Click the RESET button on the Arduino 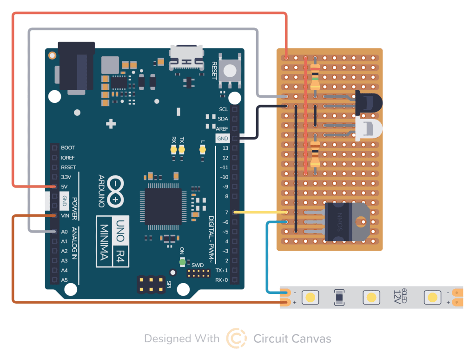point(230,70)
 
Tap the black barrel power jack point(76,67)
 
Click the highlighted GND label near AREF point(223,139)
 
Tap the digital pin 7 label point(226,213)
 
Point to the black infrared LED point(368,102)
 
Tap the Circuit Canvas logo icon point(236,338)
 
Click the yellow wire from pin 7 point(260,212)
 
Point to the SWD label point(198,265)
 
